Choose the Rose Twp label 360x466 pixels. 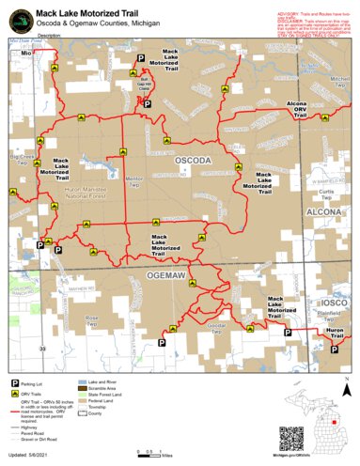click(x=92, y=321)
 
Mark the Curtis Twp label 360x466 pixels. click(x=326, y=193)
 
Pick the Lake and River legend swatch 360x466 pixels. click(x=81, y=384)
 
